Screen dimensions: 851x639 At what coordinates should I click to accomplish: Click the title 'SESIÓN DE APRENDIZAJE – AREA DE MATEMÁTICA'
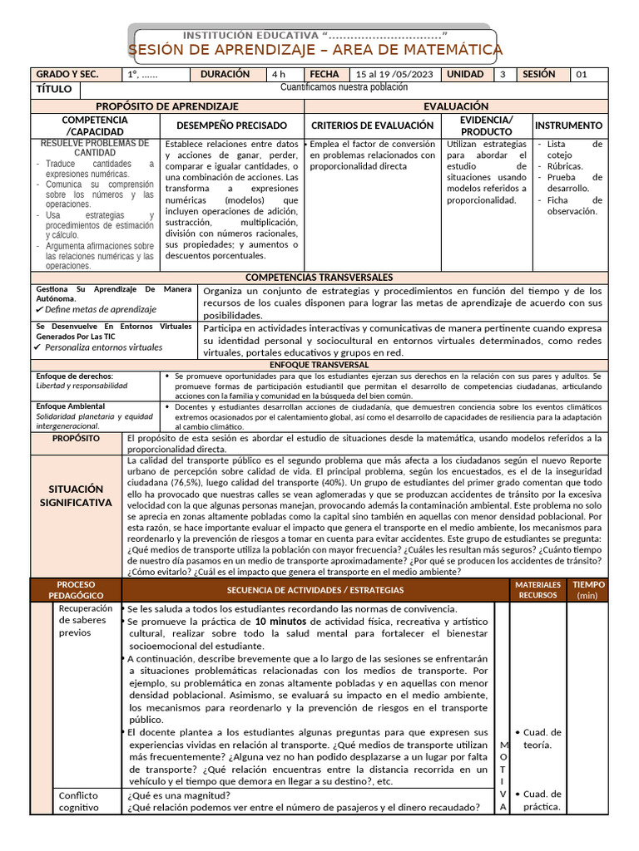point(315,51)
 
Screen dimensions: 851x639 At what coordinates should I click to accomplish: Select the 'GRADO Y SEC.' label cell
point(68,74)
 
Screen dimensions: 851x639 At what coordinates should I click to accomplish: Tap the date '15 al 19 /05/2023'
point(394,74)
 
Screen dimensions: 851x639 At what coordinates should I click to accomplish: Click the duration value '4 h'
point(277,74)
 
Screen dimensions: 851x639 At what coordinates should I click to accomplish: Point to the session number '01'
point(582,74)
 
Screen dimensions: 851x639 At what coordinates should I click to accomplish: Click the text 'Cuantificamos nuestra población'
point(344,87)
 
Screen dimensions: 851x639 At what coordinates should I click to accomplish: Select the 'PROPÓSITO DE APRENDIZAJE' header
point(167,106)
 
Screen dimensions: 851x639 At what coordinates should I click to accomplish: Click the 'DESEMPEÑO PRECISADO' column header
point(230,125)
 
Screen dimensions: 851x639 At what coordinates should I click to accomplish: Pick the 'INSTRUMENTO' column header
point(569,125)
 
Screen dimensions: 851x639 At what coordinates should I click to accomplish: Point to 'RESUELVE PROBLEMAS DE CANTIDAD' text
point(95,148)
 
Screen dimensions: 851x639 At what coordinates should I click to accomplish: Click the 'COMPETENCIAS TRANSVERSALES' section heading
point(319,277)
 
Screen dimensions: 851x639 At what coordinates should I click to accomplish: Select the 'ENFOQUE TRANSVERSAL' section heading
point(319,365)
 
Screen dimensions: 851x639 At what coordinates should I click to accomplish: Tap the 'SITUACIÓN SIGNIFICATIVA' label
point(76,495)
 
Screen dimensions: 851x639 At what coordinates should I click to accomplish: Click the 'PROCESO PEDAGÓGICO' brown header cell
point(76,590)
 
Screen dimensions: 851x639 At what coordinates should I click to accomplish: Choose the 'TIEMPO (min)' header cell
point(588,590)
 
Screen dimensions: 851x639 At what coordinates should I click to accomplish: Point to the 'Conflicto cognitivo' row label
point(78,801)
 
